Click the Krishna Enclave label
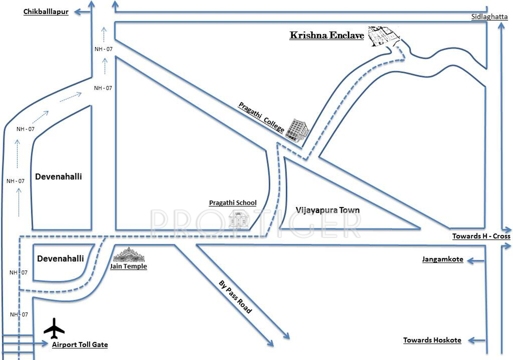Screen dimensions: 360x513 tap(327, 35)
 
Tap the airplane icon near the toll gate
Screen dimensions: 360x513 tap(54, 328)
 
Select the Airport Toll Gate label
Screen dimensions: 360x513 tap(80, 345)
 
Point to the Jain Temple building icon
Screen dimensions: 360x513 tap(129, 255)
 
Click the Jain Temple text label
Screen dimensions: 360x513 tap(129, 267)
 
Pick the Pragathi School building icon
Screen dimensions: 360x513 tap(239, 219)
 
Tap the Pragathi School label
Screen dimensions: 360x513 tap(232, 203)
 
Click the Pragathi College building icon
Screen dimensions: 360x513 tap(297, 130)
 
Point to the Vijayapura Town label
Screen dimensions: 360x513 tap(328, 210)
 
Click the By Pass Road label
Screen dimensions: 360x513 tap(235, 297)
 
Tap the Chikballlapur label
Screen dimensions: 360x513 tap(46, 12)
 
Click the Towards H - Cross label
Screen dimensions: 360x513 tap(481, 237)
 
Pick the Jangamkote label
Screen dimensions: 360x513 tap(442, 259)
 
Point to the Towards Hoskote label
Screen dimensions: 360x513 tap(432, 340)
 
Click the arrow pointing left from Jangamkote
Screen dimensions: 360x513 tap(476, 260)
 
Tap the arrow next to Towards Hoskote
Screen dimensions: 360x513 tap(476, 340)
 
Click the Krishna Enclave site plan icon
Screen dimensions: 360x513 tap(383, 37)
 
